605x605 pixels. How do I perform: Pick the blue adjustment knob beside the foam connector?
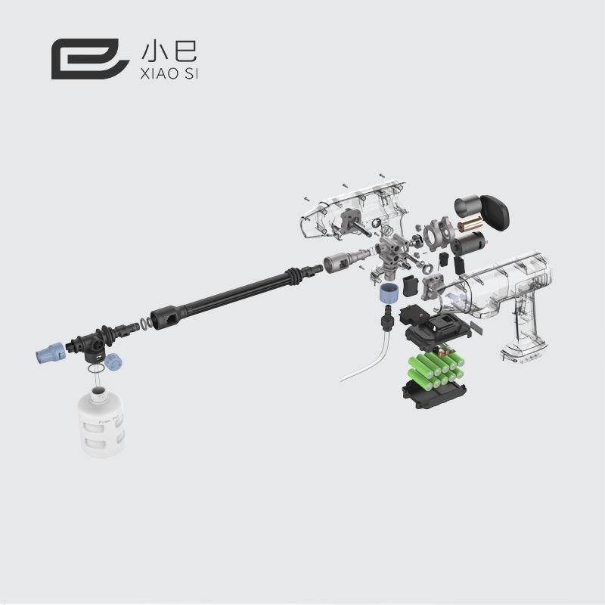click(x=113, y=361)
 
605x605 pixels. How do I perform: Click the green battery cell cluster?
click(x=434, y=370)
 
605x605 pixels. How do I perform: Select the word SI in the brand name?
click(x=190, y=73)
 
